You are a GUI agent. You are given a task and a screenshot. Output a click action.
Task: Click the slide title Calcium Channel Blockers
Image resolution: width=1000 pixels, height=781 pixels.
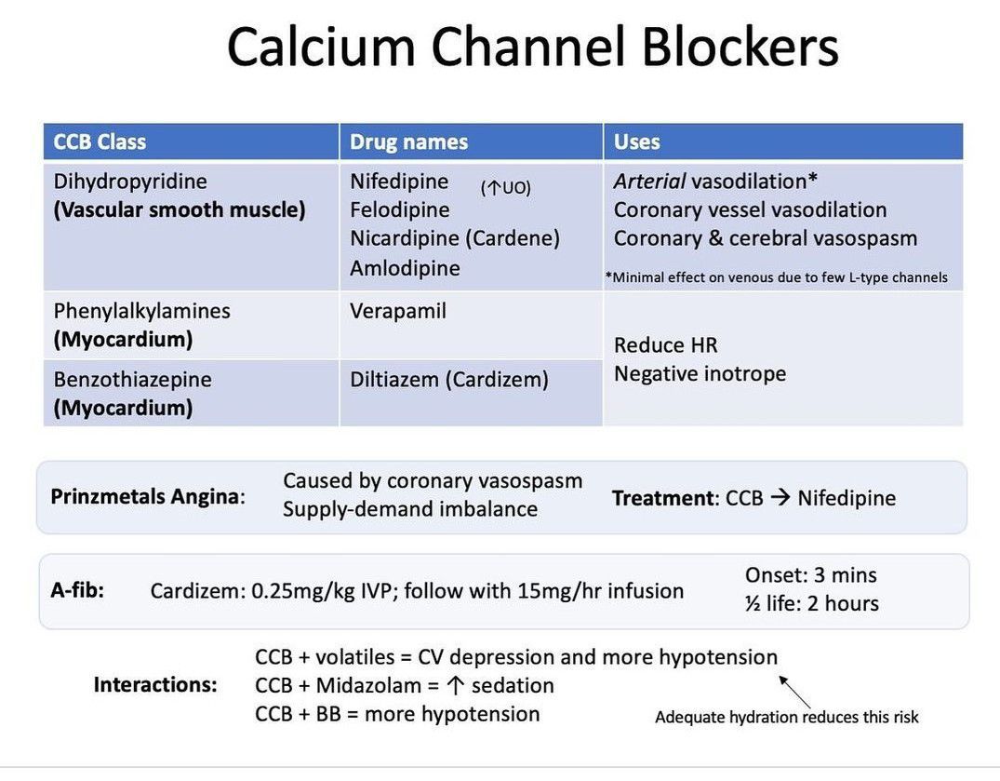click(532, 47)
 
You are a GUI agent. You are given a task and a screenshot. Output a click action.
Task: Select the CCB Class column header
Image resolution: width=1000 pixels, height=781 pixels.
click(100, 142)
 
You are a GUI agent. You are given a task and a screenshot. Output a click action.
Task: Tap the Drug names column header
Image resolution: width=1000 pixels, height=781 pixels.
click(408, 142)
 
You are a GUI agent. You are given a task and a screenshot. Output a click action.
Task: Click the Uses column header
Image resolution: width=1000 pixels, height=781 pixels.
click(636, 142)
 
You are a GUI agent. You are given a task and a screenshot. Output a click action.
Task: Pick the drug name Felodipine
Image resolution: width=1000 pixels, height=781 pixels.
click(399, 209)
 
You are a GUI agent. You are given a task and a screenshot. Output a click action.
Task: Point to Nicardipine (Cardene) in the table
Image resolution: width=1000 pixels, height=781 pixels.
click(455, 238)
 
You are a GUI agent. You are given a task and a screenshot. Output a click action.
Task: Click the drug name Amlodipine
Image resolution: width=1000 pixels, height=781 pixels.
click(405, 268)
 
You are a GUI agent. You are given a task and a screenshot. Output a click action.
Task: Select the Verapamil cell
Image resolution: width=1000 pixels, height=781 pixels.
click(398, 311)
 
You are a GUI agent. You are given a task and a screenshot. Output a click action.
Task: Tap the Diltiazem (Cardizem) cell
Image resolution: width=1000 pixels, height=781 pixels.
click(449, 380)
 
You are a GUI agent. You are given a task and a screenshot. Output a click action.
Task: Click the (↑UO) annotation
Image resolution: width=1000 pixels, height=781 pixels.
click(505, 188)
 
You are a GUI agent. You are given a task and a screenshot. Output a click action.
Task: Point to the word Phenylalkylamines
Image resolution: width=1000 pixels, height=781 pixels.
click(141, 311)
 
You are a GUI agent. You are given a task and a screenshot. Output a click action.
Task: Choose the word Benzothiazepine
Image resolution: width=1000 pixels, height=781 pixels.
click(132, 380)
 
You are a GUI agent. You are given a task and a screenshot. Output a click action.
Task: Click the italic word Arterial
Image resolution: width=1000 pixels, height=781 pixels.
click(649, 182)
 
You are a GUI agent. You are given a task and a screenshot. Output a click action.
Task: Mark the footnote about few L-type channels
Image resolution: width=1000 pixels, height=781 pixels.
click(776, 277)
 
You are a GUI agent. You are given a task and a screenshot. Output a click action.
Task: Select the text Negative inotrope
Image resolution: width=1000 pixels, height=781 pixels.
click(700, 374)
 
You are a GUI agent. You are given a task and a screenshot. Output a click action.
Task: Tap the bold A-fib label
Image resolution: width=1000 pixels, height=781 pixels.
click(77, 590)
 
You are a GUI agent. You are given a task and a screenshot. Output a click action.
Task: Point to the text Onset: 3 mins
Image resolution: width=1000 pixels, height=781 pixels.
click(810, 575)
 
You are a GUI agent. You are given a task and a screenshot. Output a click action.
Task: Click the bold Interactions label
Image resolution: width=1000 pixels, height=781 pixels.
click(155, 685)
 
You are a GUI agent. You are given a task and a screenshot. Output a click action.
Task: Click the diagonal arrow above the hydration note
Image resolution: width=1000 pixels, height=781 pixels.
click(794, 692)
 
